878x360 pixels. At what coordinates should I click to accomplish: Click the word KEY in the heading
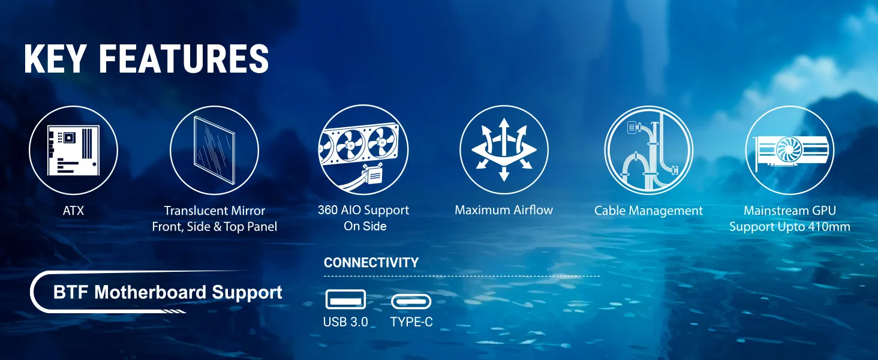54,59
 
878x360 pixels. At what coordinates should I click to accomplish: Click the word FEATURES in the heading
184,59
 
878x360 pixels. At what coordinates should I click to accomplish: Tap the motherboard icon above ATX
73,150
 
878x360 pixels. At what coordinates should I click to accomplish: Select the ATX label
73,211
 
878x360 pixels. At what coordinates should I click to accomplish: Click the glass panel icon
215,150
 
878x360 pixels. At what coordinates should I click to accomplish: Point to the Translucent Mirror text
215,211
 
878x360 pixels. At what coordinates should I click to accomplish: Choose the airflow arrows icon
504,150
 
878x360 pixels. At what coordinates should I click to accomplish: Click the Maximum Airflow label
504,210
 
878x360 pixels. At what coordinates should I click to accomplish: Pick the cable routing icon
649,150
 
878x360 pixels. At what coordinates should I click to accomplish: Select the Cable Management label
649,211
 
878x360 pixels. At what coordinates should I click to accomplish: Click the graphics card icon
790,150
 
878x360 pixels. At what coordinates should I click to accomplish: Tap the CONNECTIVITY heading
371,262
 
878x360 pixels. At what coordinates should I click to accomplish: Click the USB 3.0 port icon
345,299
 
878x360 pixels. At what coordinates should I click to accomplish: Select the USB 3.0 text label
345,322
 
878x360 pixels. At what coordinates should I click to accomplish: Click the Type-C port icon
411,302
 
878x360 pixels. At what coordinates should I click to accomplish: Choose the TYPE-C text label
411,322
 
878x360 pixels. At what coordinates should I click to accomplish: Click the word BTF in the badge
71,292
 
